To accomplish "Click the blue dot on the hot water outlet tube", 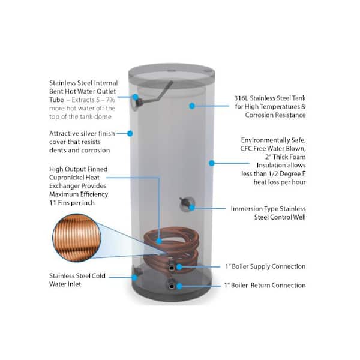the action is point(136,97).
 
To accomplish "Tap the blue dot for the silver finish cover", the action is point(130,133).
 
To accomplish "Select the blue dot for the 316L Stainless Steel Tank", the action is point(192,106).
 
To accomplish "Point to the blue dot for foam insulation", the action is point(212,163).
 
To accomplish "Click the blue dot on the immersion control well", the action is point(192,208).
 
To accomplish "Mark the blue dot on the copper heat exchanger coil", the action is point(159,241).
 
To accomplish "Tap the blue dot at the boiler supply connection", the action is point(179,267).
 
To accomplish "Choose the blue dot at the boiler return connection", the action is point(179,286).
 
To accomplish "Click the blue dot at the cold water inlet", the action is point(135,278).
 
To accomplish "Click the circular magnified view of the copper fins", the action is point(77,238).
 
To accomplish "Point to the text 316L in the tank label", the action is point(241,98).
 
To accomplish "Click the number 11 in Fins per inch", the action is point(53,203).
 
